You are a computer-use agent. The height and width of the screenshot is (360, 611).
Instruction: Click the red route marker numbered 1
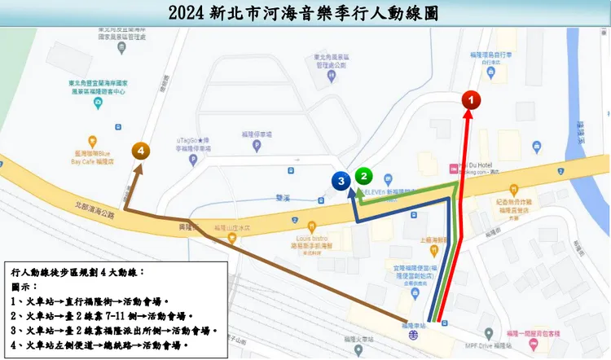pos(472,99)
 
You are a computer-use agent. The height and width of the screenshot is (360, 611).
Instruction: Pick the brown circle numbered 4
pos(143,151)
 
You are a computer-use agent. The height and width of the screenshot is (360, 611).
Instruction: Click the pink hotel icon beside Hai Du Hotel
pos(454,169)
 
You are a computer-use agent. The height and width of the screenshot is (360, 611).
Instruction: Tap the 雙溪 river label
pos(282,197)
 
